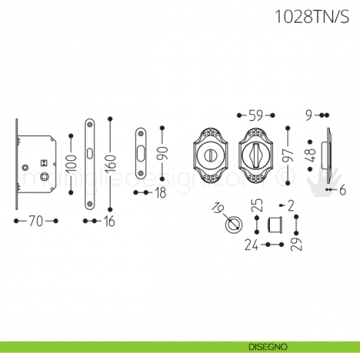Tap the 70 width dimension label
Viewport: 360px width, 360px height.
click(36, 219)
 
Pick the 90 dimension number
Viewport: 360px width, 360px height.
click(162, 153)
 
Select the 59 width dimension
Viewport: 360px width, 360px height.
click(255, 115)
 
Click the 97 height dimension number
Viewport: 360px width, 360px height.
click(288, 155)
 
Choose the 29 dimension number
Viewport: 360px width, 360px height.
click(296, 241)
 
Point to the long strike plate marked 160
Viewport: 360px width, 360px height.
click(89, 166)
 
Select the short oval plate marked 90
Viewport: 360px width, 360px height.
click(141, 153)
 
